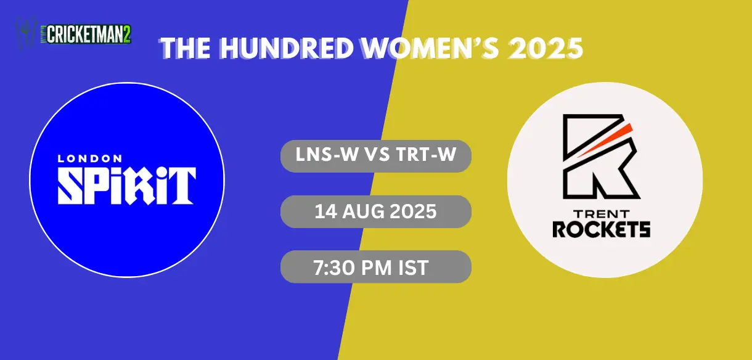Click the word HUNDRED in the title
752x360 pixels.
coord(286,47)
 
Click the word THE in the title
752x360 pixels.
coord(186,47)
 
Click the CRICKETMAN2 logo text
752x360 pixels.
coord(89,35)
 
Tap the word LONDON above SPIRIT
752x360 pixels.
coord(89,158)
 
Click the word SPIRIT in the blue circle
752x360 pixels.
coord(126,185)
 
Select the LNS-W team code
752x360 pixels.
coord(326,155)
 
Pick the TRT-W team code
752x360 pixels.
coord(426,155)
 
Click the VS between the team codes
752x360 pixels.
coord(377,155)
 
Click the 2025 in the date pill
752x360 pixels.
coord(411,211)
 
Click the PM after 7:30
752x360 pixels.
coord(377,268)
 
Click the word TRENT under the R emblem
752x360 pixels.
coord(601,215)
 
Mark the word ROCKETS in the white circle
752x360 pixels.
coord(601,230)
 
